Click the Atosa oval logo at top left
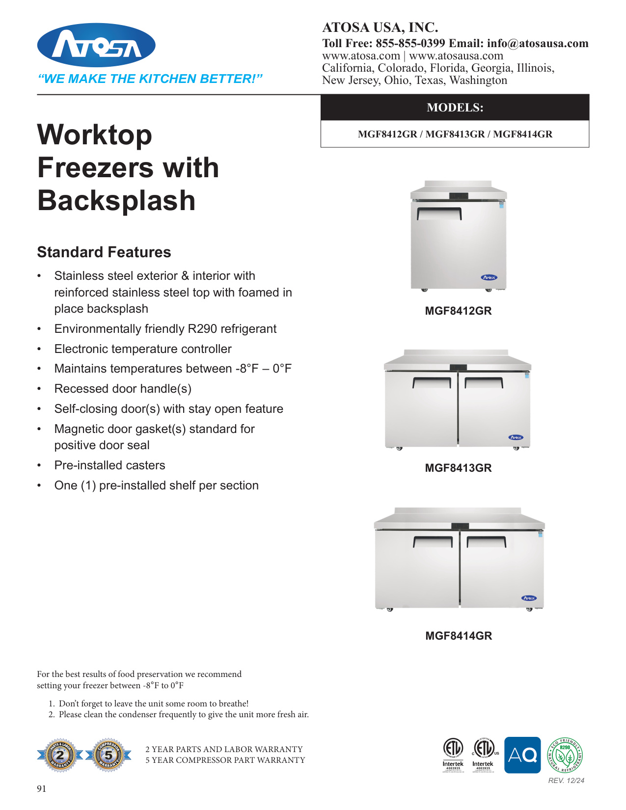[96, 45]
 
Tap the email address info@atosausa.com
[538, 44]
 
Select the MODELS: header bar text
[455, 108]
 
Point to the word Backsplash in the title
[116, 201]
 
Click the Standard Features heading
[104, 252]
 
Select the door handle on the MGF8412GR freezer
[439, 213]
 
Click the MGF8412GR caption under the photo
[458, 311]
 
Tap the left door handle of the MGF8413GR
[432, 381]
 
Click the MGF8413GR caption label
[458, 468]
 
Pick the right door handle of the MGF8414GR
[486, 541]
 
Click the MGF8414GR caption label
[459, 636]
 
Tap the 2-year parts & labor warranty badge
[60, 755]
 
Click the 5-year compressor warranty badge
[109, 755]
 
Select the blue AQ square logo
[522, 755]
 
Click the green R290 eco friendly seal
[565, 755]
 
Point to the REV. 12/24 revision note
[566, 781]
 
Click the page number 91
[42, 789]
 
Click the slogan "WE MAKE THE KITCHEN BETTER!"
[150, 79]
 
